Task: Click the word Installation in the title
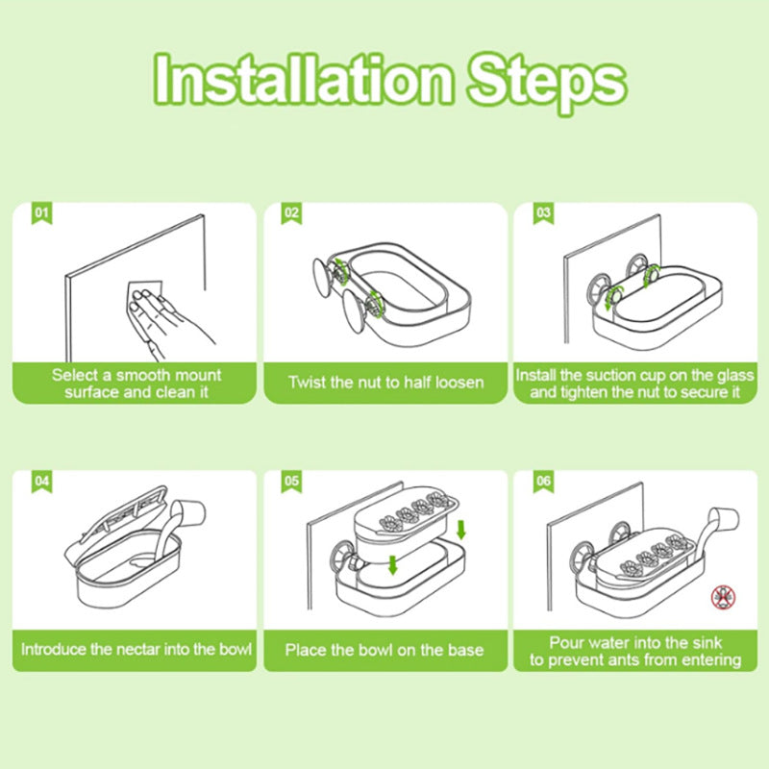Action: coord(303,79)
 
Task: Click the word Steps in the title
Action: coord(547,83)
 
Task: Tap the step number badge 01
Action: coord(41,213)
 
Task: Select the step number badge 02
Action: coord(291,213)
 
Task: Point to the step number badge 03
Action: coord(543,213)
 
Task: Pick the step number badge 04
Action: coord(41,482)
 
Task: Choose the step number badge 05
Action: coord(291,482)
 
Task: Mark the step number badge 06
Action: coord(543,482)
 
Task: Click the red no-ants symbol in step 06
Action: coord(724,597)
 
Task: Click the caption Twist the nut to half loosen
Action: coord(386,382)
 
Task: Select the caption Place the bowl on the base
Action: coord(384,650)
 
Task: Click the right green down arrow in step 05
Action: coord(460,530)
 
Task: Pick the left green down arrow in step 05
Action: coord(392,564)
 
